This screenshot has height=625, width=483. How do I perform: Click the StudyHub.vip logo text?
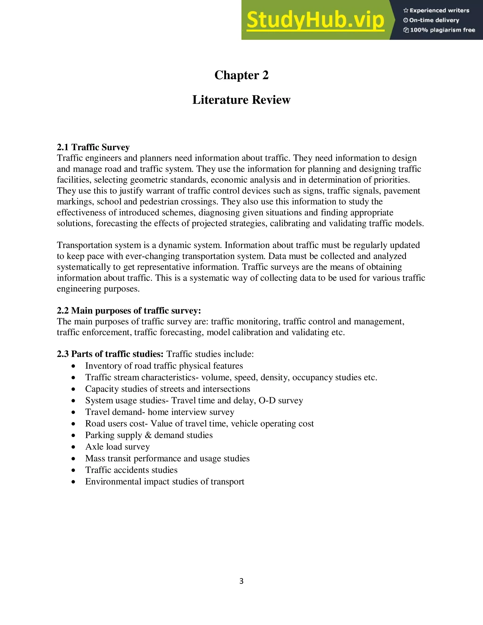315,20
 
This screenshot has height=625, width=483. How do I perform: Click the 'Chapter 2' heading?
241,75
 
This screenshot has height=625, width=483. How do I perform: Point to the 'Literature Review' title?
241,100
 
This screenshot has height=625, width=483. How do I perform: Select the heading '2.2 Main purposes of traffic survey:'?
129,311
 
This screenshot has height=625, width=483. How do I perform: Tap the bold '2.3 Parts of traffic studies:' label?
110,354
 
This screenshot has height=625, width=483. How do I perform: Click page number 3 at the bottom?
241,581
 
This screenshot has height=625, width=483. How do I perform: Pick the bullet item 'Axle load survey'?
117,447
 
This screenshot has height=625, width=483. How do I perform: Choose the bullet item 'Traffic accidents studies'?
131,470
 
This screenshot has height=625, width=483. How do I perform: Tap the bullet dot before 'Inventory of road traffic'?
74,366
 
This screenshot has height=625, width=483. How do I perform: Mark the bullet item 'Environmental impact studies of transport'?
165,482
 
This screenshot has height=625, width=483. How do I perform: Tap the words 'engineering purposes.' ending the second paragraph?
98,289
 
